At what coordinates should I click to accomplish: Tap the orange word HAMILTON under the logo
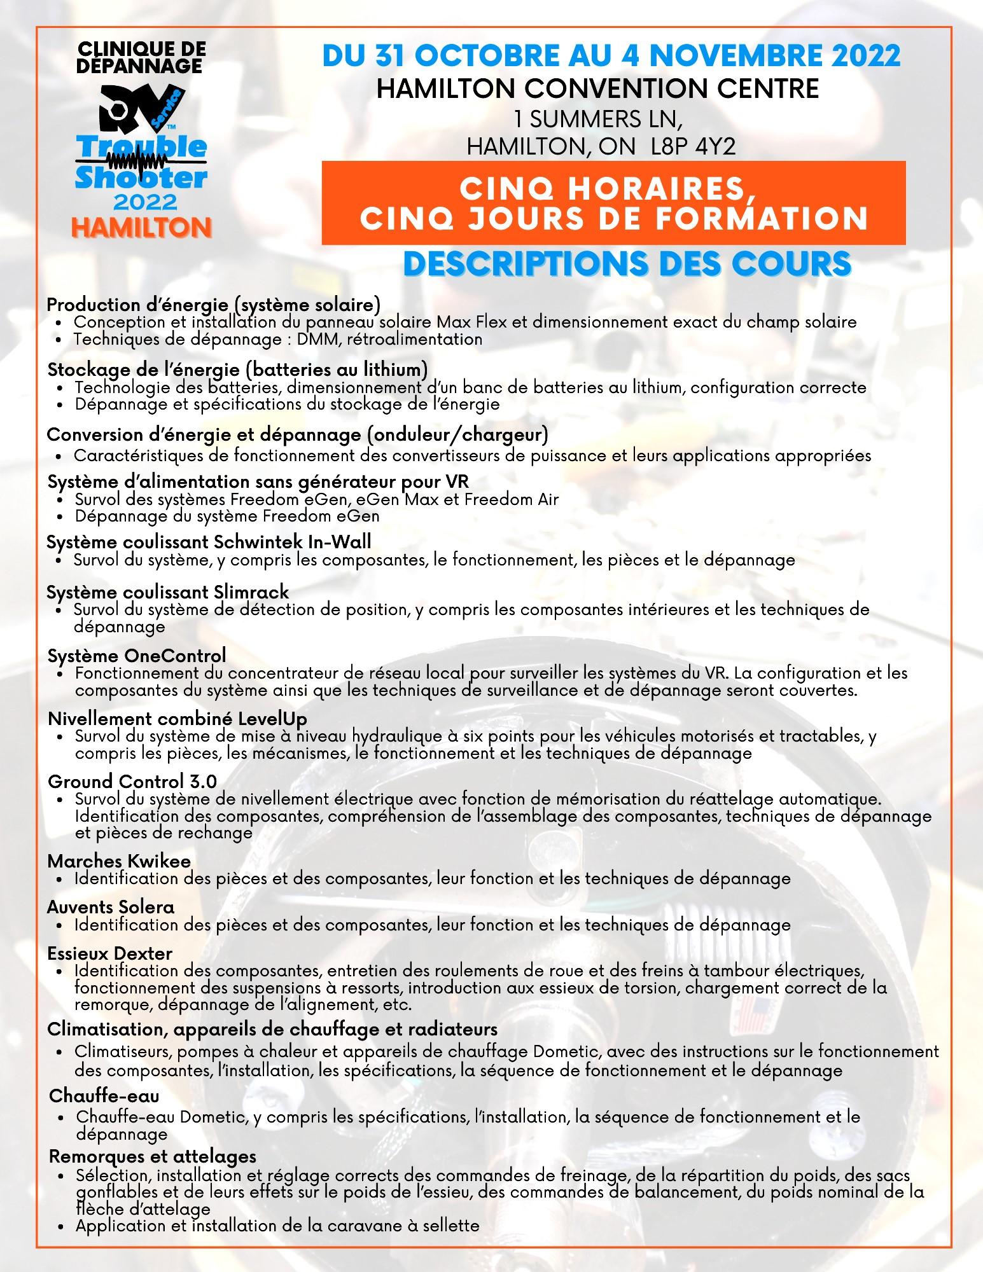[x=142, y=227]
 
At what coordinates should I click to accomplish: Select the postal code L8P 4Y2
[x=694, y=147]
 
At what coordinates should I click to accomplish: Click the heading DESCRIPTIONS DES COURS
[x=627, y=263]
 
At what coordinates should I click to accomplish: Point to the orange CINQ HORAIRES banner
[x=613, y=203]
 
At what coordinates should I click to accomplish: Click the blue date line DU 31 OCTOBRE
[x=611, y=56]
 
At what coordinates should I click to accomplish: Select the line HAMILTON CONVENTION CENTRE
[x=597, y=88]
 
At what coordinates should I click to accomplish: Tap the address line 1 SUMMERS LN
[x=601, y=119]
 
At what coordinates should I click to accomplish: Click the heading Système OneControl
[x=136, y=655]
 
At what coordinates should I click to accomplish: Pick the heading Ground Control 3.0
[x=132, y=781]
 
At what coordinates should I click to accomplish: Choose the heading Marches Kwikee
[x=119, y=861]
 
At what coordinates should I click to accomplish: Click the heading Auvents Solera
[x=111, y=906]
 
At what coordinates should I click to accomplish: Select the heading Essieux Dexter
[x=110, y=953]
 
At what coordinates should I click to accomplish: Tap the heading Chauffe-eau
[x=104, y=1096]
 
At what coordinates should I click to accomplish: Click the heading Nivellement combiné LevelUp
[x=178, y=719]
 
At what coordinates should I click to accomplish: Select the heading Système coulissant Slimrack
[x=168, y=592]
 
